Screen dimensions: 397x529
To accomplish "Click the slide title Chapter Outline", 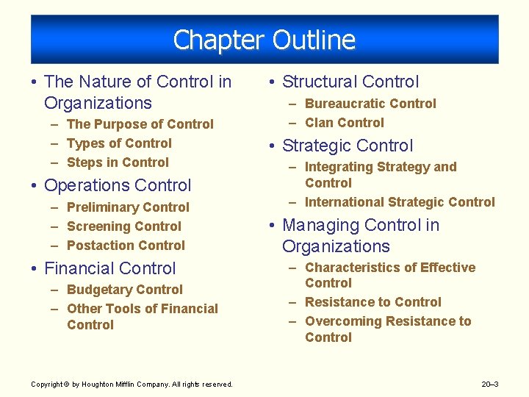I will pos(264,40).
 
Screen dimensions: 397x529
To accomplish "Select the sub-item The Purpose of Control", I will pos(140,124).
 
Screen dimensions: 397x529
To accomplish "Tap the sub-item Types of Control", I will pos(119,143).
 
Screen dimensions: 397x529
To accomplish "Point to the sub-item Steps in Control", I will pos(118,162).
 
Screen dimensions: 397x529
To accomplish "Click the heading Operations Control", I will pos(118,185).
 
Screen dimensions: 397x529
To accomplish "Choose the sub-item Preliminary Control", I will pos(128,207).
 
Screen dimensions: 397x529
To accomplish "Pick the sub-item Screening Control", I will pos(123,226).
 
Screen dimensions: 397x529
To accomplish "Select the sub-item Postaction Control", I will pos(126,246).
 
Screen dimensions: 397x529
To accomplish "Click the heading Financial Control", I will pos(110,268).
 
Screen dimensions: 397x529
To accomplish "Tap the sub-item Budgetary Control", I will pos(124,290).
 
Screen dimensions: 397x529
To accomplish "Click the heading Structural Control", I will pos(350,82).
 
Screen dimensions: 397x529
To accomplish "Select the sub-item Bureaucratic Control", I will pos(370,104).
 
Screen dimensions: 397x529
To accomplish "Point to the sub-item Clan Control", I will pos(344,123).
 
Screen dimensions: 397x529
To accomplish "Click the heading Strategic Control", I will pos(348,146).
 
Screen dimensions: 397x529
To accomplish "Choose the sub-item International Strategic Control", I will pos(400,202).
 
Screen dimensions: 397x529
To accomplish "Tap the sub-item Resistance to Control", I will pos(373,302).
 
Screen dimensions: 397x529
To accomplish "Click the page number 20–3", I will pos(489,384).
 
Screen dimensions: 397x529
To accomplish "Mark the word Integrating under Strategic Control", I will pos(337,167).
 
